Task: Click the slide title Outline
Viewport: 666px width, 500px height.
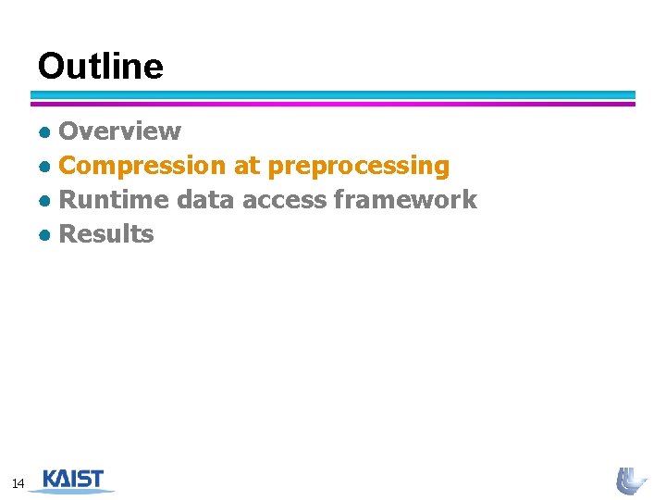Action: click(100, 67)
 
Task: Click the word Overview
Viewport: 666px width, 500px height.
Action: click(119, 131)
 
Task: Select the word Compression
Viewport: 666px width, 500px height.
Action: click(142, 166)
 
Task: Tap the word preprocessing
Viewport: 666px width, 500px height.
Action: click(358, 167)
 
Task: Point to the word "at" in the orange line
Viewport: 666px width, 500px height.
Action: click(247, 167)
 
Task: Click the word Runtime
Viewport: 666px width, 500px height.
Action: click(114, 200)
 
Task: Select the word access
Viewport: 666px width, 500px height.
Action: click(284, 200)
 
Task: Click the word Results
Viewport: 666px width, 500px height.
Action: click(106, 234)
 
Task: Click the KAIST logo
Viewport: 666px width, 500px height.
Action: click(73, 480)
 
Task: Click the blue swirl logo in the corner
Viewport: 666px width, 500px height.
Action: click(631, 481)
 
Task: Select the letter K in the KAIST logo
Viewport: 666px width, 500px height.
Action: click(51, 479)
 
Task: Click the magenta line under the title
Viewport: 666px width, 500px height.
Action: click(333, 104)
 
